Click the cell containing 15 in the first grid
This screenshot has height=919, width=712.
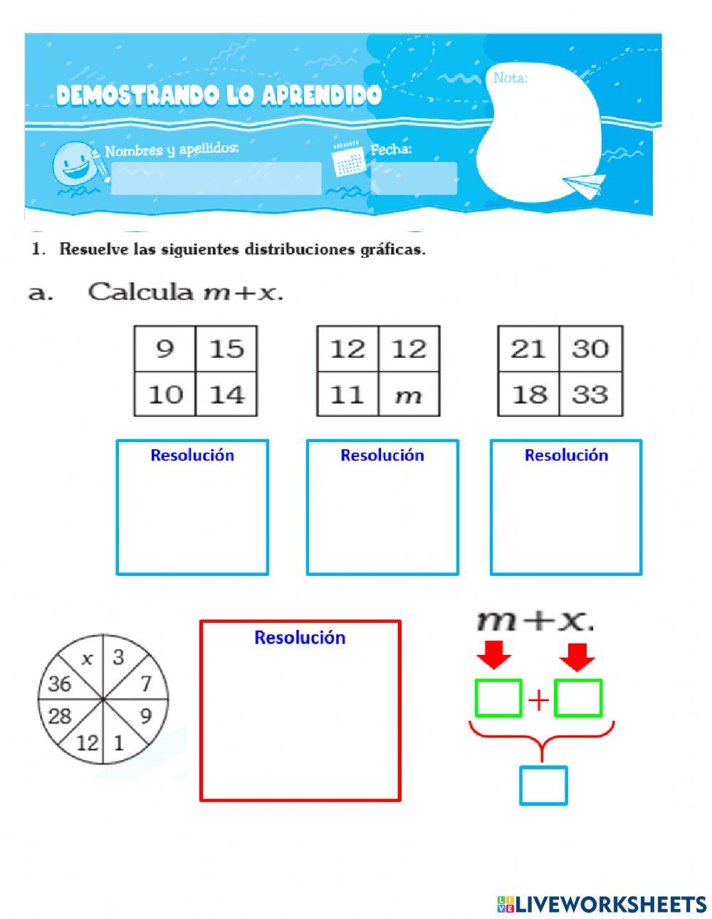pos(226,349)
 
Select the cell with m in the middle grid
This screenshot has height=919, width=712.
pos(409,394)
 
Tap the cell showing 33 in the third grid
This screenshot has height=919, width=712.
pos(590,394)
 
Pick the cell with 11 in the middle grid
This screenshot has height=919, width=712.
pos(348,394)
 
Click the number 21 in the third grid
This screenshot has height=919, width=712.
pos(528,349)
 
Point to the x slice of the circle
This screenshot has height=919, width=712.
pos(87,659)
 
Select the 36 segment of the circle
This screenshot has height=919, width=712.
pos(61,684)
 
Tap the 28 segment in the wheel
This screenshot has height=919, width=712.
pos(61,715)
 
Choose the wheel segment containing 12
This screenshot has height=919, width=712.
pos(87,744)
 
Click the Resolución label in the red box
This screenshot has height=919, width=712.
pos(300,637)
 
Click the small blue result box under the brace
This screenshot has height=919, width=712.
pos(543,785)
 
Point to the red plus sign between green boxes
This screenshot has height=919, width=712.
pos(538,700)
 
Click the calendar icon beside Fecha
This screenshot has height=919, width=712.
pos(348,160)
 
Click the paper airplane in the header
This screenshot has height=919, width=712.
pos(584,185)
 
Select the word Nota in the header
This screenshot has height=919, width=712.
pos(510,78)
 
